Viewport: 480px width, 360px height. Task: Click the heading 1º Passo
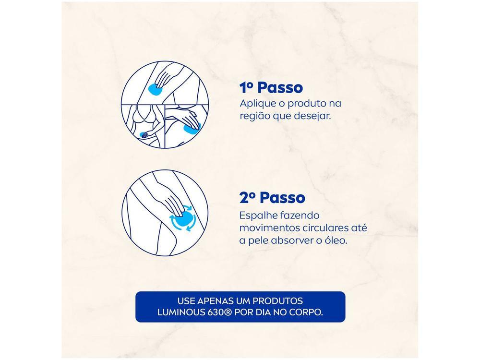tap(271, 88)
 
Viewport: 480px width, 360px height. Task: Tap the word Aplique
tap(257, 104)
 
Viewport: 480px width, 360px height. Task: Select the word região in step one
tap(254, 117)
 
